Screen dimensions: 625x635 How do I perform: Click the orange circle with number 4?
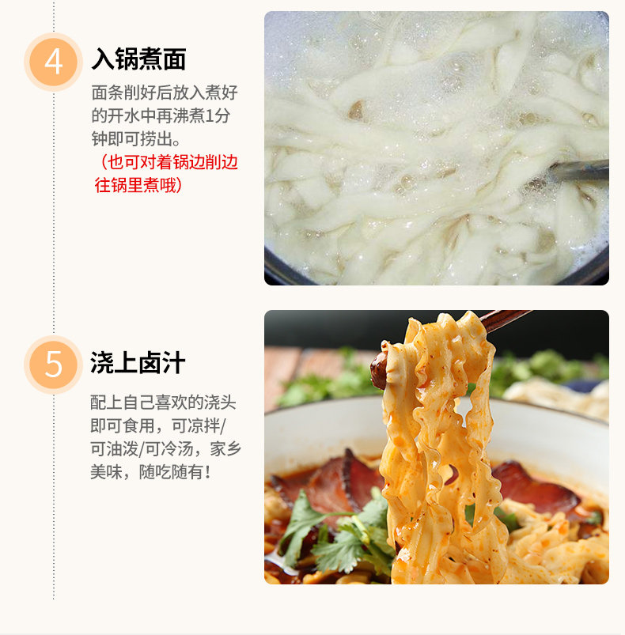coord(54,62)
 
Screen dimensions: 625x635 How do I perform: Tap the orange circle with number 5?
coord(54,365)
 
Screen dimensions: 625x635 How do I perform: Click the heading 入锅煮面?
coord(138,59)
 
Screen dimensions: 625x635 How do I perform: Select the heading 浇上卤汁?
coord(138,362)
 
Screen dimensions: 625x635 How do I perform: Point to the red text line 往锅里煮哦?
coord(138,185)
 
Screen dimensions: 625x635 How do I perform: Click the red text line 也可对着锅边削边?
coord(169,162)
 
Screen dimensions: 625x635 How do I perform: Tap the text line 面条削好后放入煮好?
coord(165,93)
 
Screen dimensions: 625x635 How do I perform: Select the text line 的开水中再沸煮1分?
coord(161,115)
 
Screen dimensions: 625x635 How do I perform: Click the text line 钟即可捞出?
coord(136,139)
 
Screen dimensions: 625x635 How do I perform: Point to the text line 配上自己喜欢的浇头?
coord(163,403)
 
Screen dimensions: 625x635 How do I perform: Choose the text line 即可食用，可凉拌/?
coord(158,425)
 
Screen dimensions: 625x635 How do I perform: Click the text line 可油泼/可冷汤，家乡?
coord(165,448)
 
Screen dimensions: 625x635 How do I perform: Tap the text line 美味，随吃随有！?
coord(150,472)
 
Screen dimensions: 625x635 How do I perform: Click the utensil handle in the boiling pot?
coord(579,169)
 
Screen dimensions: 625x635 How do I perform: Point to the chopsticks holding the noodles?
coord(504,320)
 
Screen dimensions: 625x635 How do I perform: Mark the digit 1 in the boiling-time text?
coord(209,116)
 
